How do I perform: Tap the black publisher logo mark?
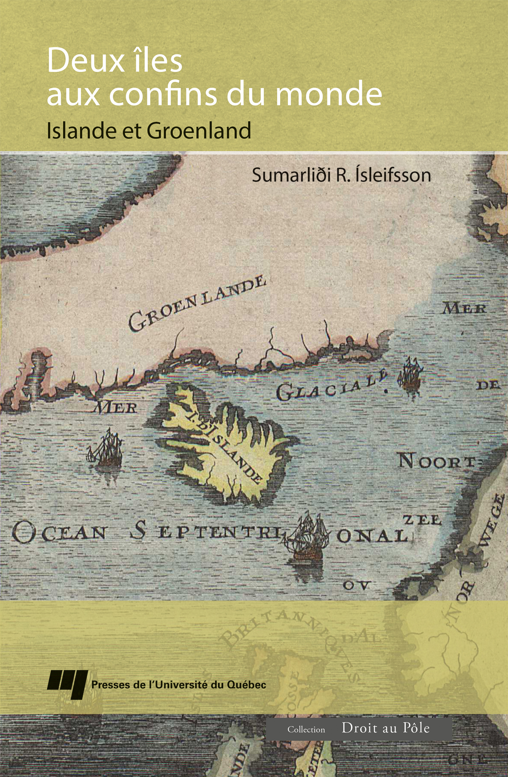click(67, 684)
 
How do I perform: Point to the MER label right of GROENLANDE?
click(464, 309)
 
